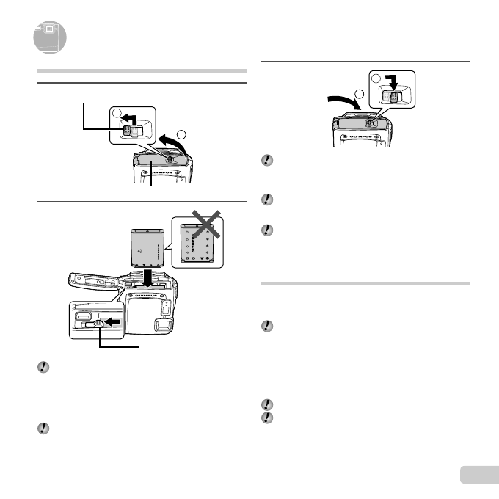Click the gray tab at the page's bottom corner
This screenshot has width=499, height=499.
pos(478,475)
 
